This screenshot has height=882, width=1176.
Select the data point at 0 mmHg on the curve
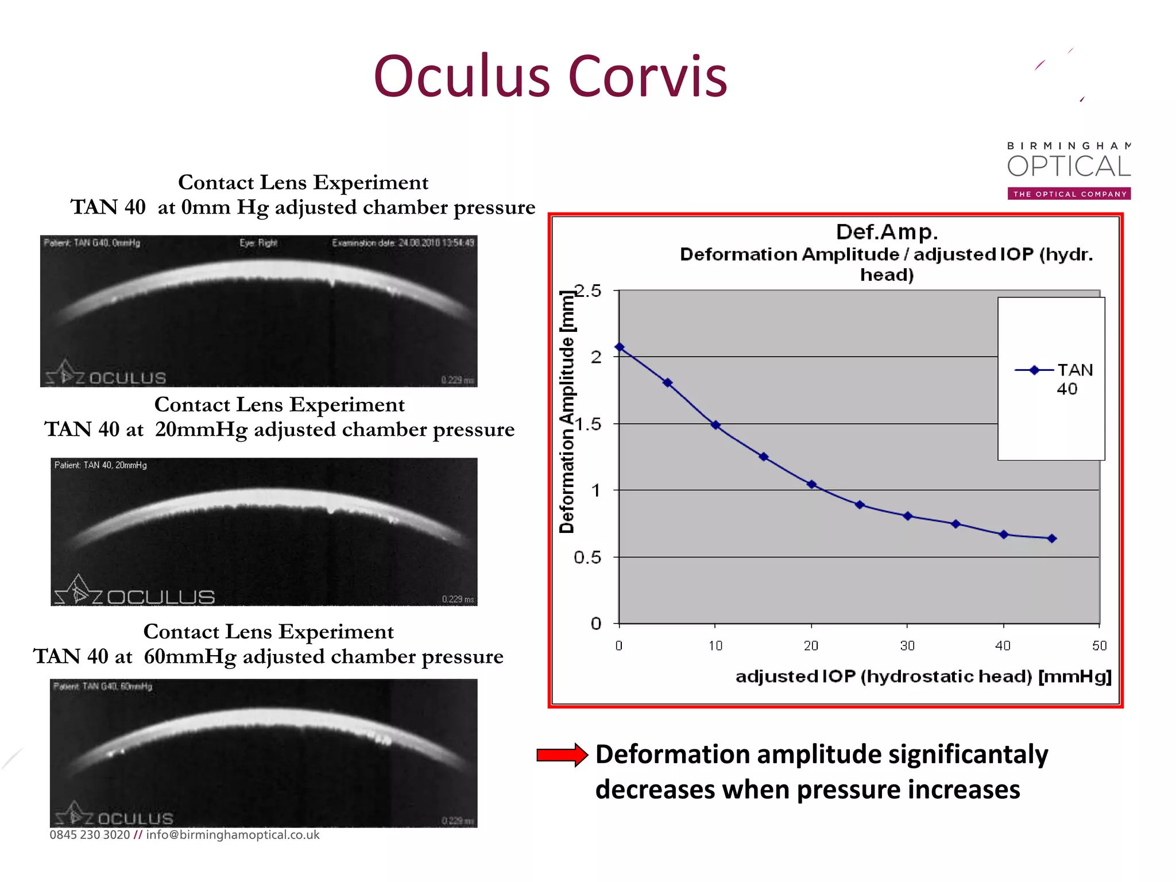(x=620, y=347)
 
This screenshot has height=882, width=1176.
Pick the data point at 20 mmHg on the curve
(x=811, y=484)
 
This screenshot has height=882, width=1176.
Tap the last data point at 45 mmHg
(x=1051, y=538)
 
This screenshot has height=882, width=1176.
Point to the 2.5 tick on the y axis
(x=589, y=291)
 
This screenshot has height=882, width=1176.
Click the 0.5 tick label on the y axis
(x=587, y=557)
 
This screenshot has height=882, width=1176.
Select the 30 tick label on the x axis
(x=907, y=645)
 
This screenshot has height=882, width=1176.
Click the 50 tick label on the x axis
(x=1099, y=645)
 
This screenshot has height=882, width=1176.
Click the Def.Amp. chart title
(x=887, y=232)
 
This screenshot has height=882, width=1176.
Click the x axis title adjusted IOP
(x=923, y=676)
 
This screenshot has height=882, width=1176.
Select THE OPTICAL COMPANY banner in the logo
(x=1069, y=194)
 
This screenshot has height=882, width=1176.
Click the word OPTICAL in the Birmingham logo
(x=1069, y=167)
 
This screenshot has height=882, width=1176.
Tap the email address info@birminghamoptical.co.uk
(x=233, y=835)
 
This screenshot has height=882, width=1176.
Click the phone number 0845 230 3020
(x=90, y=835)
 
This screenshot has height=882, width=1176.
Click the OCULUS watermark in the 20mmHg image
(x=160, y=597)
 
